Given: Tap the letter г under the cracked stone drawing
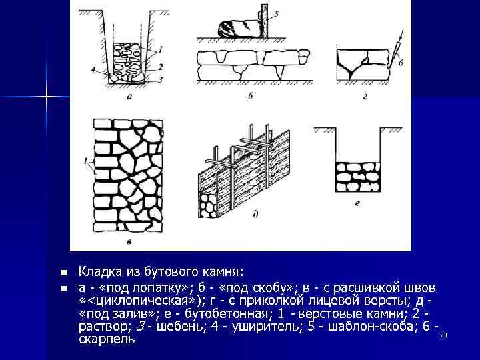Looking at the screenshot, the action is click(365, 97).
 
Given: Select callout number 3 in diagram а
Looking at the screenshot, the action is click(161, 79).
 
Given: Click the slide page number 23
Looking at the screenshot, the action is click(443, 335).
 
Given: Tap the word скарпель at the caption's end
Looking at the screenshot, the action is click(107, 339).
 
